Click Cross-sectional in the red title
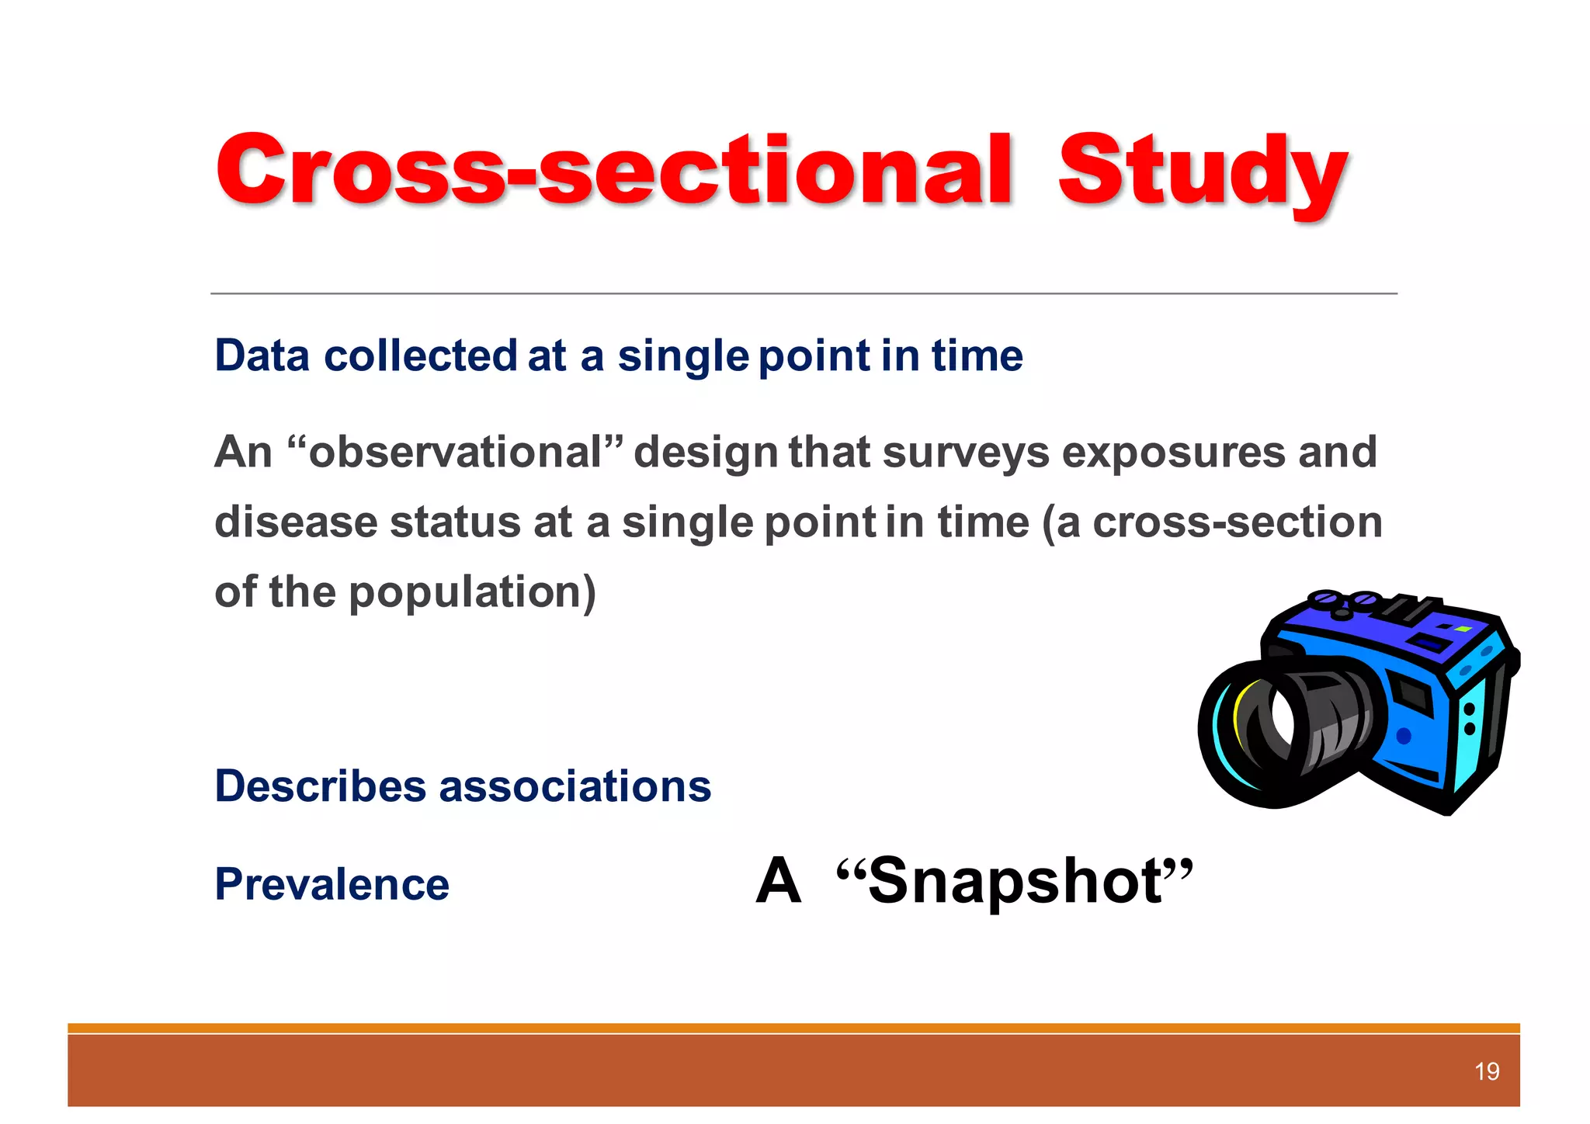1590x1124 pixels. [x=613, y=171]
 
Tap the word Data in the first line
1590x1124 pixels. [x=262, y=356]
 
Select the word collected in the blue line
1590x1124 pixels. [x=420, y=356]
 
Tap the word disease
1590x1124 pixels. [x=296, y=522]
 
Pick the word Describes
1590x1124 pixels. [x=320, y=786]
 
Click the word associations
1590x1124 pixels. [x=575, y=786]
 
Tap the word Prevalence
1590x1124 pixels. [x=332, y=884]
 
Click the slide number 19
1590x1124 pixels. [x=1486, y=1072]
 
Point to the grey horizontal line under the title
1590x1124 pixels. [x=804, y=293]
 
